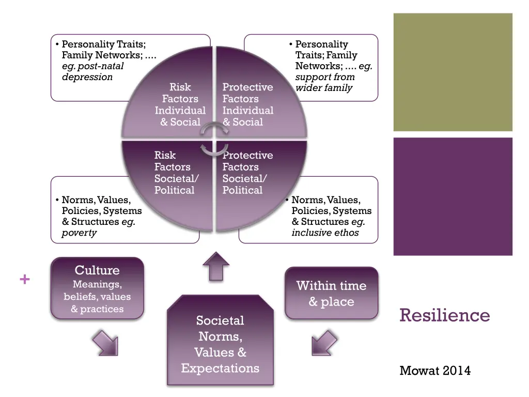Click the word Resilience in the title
click(444, 315)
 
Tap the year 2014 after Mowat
click(457, 370)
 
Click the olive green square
click(453, 72)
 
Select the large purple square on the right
click(453, 196)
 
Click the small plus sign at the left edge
click(24, 280)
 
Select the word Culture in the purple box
click(97, 270)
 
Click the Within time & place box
click(331, 293)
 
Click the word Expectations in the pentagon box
click(220, 369)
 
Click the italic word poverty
click(79, 233)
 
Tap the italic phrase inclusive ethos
click(325, 233)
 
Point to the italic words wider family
click(324, 88)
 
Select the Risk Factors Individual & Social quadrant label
click(180, 104)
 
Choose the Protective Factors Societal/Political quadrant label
click(247, 173)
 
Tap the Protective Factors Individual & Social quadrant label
click(247, 104)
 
